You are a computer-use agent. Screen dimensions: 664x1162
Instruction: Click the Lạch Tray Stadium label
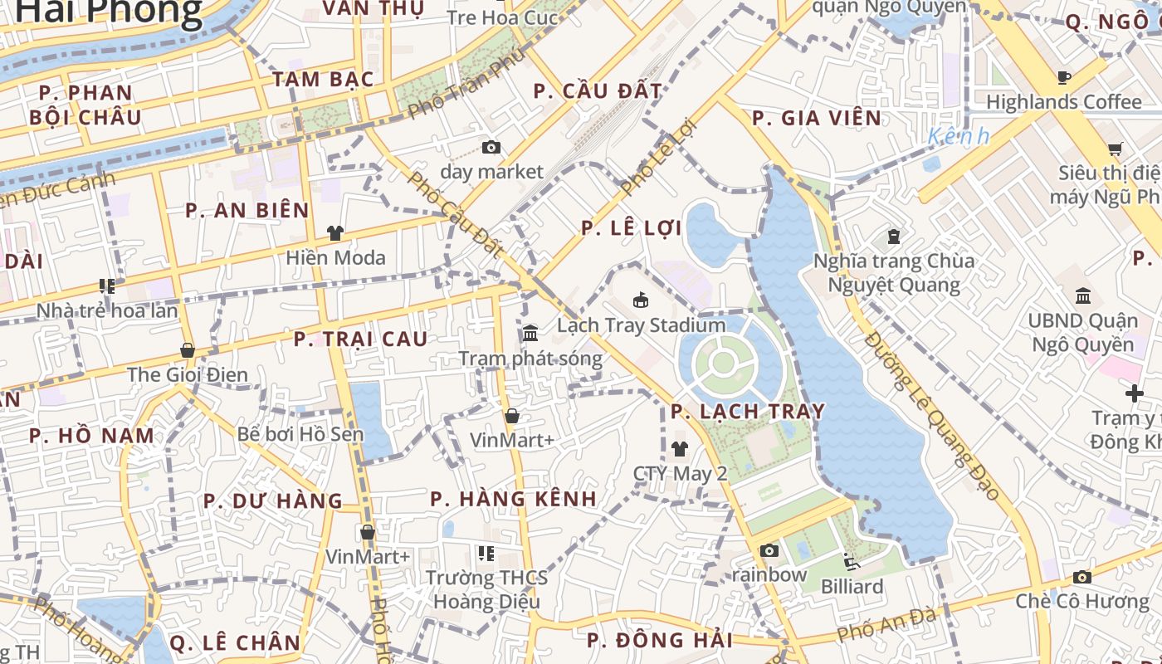click(641, 325)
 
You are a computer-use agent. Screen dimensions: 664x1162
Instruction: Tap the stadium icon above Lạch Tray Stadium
click(641, 300)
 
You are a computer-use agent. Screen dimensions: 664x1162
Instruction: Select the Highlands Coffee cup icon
click(1063, 78)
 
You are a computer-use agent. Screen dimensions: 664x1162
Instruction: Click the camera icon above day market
click(491, 148)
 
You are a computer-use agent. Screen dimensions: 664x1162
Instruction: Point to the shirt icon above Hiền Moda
click(335, 233)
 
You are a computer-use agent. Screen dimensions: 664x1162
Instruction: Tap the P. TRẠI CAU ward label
click(361, 339)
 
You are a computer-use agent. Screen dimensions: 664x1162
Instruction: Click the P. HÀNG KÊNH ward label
click(513, 499)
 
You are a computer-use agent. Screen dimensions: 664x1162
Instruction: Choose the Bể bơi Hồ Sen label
click(300, 434)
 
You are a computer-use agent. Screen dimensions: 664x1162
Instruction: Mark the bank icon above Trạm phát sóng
click(530, 334)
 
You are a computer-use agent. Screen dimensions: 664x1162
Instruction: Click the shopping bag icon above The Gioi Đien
click(188, 350)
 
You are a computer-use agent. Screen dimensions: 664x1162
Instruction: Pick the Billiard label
click(852, 587)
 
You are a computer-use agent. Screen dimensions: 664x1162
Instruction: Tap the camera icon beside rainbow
click(769, 550)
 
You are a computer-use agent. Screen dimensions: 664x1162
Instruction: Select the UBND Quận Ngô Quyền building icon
click(1083, 295)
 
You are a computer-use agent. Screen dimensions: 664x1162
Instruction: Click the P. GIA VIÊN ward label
click(817, 119)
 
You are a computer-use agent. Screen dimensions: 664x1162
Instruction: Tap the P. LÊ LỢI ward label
click(632, 228)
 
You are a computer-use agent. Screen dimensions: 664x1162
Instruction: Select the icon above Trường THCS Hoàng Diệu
click(486, 553)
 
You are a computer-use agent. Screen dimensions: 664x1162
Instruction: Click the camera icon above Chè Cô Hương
click(1081, 577)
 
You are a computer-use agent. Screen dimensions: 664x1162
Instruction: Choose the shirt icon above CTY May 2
click(680, 449)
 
